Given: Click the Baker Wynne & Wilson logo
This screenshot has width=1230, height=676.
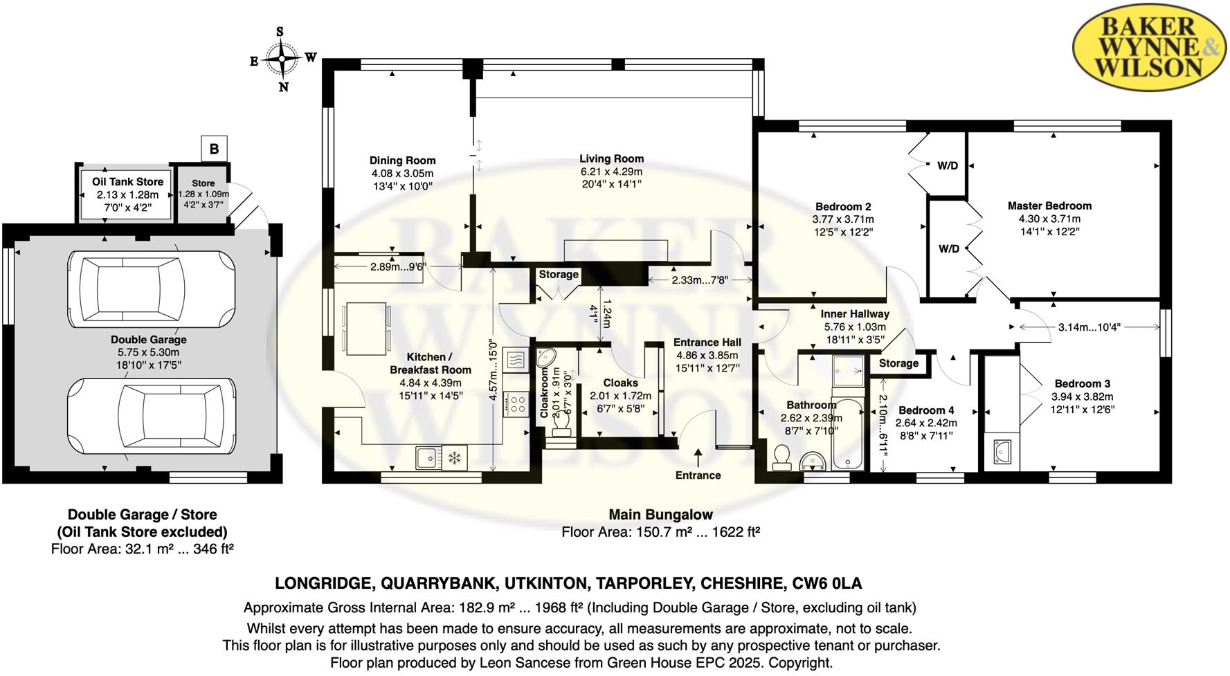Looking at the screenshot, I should (x=1150, y=47).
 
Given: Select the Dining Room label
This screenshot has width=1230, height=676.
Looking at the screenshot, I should (x=402, y=161).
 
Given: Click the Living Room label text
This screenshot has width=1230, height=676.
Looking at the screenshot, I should (x=611, y=159).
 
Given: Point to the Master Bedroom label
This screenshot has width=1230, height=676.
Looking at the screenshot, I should (x=1049, y=206).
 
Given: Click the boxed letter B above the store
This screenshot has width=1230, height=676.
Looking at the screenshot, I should (x=214, y=149).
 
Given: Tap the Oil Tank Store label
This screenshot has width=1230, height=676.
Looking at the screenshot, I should (x=127, y=182).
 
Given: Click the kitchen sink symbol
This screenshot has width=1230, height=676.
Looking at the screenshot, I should (x=427, y=457).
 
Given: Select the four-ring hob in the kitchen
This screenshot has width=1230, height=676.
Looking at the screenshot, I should (x=516, y=404).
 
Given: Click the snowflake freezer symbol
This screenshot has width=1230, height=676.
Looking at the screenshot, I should (x=455, y=457).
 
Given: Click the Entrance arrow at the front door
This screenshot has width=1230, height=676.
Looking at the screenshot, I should (x=698, y=457).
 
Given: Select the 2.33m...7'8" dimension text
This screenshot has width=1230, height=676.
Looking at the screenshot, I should (x=699, y=280).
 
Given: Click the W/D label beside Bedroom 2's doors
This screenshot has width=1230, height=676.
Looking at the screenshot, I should (x=948, y=166).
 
